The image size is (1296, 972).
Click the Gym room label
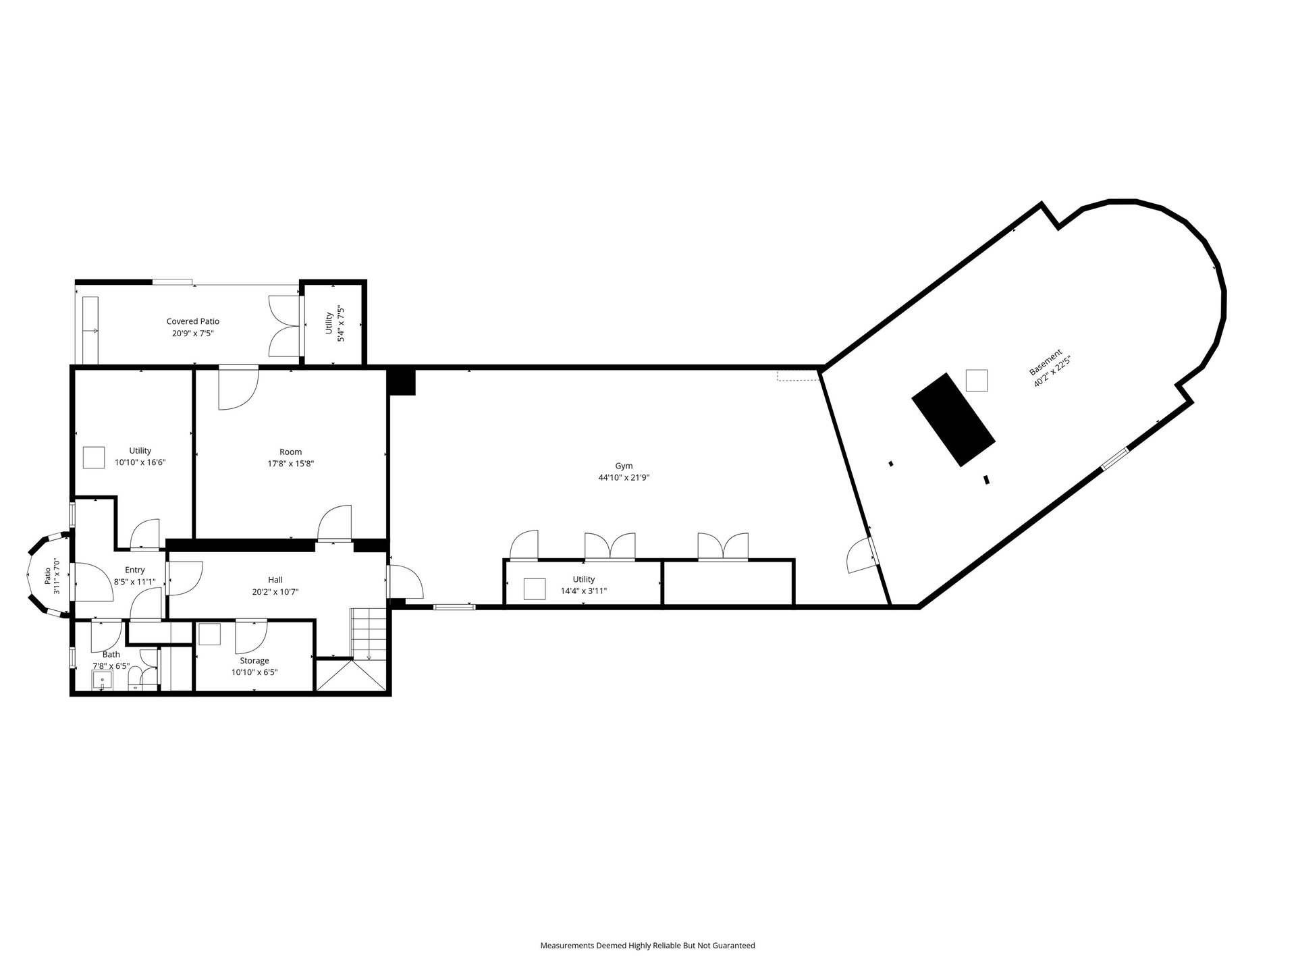624,466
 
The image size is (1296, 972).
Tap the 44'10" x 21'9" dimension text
624,478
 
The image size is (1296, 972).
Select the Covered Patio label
193,321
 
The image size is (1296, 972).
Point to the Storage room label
254,661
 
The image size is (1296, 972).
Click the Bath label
111,654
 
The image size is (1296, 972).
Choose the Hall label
275,580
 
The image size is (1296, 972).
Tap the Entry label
135,570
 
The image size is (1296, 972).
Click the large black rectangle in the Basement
954,419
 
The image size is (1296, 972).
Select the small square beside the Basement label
977,380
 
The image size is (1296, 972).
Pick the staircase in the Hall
368,635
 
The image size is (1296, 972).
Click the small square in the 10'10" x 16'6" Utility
94,457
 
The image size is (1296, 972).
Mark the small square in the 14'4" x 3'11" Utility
535,589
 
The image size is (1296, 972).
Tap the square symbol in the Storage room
209,635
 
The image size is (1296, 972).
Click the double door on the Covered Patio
284,326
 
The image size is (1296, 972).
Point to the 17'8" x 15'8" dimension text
291,464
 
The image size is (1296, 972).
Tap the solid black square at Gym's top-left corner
402,382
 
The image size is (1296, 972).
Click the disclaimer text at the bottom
647,946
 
